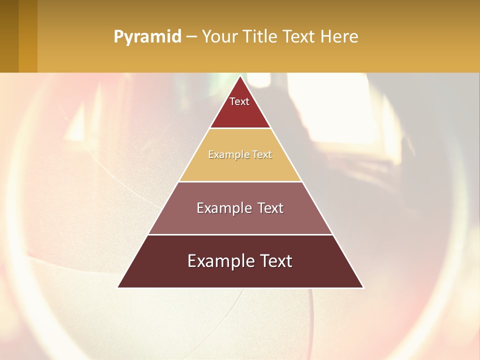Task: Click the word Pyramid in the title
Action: [147, 37]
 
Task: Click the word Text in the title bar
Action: [299, 37]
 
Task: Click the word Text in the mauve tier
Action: [270, 208]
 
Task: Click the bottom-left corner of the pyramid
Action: [118, 287]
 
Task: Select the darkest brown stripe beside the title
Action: [9, 36]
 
